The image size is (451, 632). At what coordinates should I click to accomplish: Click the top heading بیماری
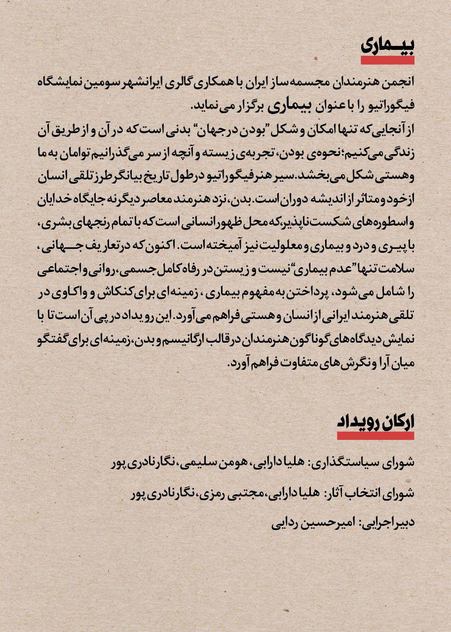pos(387,45)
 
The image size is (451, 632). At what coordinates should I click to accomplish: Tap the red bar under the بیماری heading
pos(387,60)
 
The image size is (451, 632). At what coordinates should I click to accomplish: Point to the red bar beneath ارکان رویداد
pos(376,435)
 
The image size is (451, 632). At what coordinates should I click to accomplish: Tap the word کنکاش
pos(116,294)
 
